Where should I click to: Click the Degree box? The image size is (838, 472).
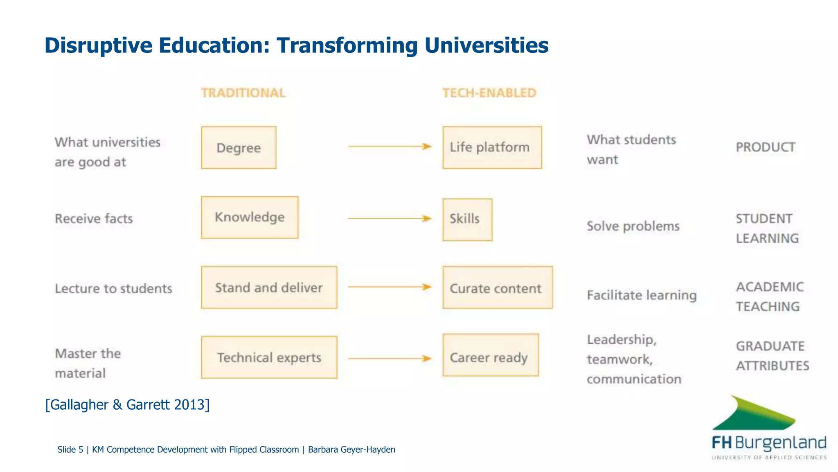coord(239,147)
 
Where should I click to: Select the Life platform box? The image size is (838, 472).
coord(492,147)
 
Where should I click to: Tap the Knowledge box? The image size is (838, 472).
coord(250,217)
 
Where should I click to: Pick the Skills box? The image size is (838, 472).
coord(467,220)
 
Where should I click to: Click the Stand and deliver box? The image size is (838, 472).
coord(269,287)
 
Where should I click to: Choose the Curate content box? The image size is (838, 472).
coord(497,287)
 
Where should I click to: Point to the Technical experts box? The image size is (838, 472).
coord(269,357)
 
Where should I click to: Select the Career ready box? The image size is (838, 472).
coord(490,355)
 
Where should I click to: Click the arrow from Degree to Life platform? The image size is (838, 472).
coord(389,146)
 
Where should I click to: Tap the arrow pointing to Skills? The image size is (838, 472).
coord(389,218)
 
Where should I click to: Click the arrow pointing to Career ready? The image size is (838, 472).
coord(389,359)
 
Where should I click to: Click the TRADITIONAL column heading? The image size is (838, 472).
coord(243,93)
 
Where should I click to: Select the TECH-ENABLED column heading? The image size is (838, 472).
coord(489,93)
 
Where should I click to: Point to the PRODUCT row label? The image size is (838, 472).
coord(765,147)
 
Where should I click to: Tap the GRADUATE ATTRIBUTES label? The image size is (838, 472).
coord(772,356)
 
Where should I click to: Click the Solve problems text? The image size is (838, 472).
coord(633,226)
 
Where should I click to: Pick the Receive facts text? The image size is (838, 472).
coord(94,219)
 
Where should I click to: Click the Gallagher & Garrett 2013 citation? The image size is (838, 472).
coord(127,404)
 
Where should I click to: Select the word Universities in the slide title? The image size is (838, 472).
coord(486,45)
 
